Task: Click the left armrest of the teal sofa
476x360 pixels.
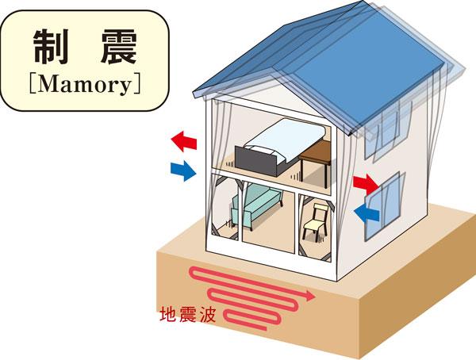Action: (x=236, y=211)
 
